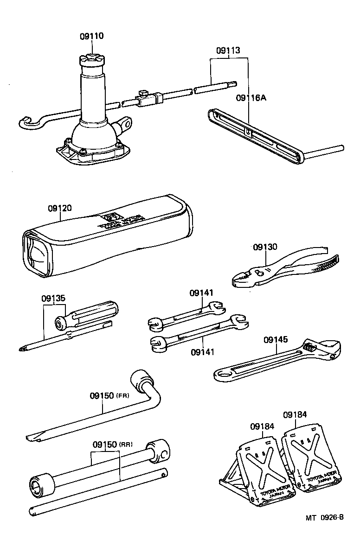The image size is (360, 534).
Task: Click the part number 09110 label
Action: click(91, 37)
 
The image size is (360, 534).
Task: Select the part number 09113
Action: click(228, 51)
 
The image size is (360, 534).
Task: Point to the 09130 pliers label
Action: click(265, 247)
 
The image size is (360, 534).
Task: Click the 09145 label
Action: click(276, 340)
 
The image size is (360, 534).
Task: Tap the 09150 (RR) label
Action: click(111, 444)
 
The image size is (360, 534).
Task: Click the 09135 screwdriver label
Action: click(53, 299)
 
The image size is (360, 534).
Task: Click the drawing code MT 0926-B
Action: click(324, 517)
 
